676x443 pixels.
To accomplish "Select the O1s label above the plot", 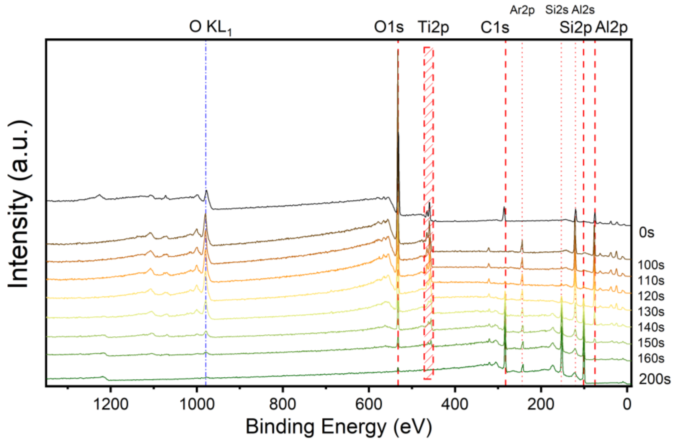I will click(x=389, y=27).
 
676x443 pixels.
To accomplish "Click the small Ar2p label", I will click(x=522, y=10).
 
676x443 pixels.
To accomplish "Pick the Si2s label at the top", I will click(x=557, y=10).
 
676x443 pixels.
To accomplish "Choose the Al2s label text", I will click(x=583, y=10).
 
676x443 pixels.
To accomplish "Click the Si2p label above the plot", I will click(x=575, y=28).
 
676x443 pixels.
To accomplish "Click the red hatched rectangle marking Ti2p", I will click(x=428, y=213).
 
